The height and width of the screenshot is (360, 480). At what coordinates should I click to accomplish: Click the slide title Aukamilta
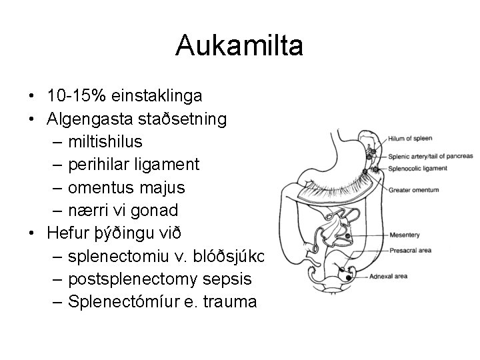(x=240, y=46)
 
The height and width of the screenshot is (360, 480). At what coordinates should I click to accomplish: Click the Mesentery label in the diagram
(x=405, y=235)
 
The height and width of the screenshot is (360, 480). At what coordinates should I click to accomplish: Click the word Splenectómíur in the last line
(x=117, y=302)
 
